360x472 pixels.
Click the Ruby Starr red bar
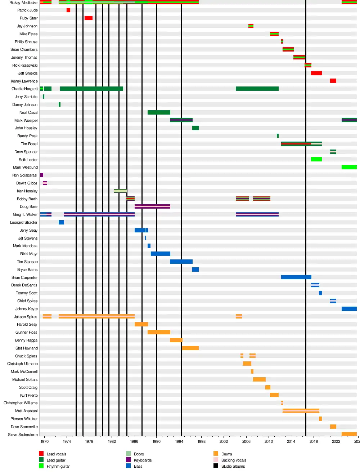coord(89,18)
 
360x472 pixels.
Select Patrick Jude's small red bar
coord(68,10)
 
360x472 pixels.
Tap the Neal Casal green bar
coord(159,112)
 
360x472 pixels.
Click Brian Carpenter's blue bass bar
coord(296,277)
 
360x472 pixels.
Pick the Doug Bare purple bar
coord(152,206)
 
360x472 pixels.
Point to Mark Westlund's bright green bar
coord(349,167)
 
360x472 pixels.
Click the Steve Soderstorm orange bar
coord(349,434)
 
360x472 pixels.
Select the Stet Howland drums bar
coord(190,348)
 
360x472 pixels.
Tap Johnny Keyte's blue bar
coord(349,309)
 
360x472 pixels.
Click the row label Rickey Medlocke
coord(23,3)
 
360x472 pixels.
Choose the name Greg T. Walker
coord(25,214)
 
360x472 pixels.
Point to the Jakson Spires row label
coord(26,317)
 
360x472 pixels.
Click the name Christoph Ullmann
coord(22,364)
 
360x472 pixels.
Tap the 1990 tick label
coord(157,441)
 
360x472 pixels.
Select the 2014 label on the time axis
coord(291,441)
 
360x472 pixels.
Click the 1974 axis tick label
coord(67,441)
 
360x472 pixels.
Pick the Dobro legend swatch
coord(129,454)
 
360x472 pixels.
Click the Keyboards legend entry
coord(143,460)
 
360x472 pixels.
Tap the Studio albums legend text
coord(233,466)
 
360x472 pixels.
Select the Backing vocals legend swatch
coord(216,460)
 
